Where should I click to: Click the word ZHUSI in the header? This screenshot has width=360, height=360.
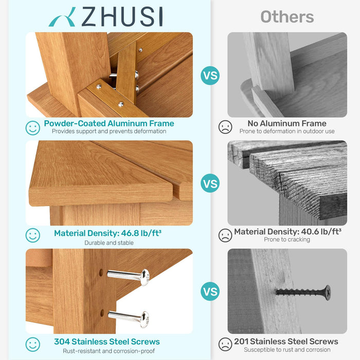click(x=122, y=17)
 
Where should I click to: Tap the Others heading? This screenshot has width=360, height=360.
click(x=287, y=16)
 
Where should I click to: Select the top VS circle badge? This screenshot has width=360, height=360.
click(x=210, y=76)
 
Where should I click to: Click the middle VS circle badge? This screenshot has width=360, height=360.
click(x=210, y=183)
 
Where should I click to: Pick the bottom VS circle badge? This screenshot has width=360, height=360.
click(x=210, y=292)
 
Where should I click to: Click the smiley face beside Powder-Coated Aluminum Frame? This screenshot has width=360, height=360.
click(x=33, y=128)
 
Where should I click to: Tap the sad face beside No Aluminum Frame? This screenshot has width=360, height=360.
click(x=225, y=127)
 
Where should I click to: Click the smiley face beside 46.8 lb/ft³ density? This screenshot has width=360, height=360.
click(x=33, y=236)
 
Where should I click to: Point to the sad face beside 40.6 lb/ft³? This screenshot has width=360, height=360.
click(x=225, y=236)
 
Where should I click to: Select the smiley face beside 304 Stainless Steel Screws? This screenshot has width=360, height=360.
click(x=33, y=344)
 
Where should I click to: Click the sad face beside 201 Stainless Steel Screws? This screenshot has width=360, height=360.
click(x=225, y=344)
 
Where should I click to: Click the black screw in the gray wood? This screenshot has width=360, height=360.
click(x=303, y=292)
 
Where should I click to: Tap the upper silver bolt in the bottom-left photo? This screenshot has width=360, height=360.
click(x=129, y=276)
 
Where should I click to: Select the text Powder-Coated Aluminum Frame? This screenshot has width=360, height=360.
click(x=109, y=123)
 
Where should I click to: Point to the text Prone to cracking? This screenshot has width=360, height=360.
click(x=287, y=240)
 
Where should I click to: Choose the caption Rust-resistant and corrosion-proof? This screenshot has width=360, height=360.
click(x=109, y=351)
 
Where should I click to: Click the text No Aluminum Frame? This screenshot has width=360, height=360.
click(x=287, y=123)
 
